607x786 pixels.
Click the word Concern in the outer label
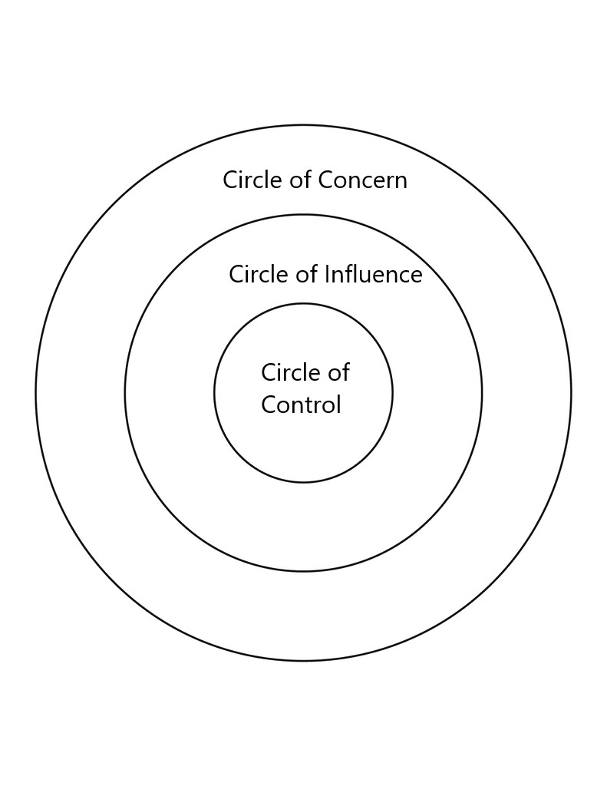tap(362, 180)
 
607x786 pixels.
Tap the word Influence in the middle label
tap(374, 275)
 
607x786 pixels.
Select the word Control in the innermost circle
tap(301, 405)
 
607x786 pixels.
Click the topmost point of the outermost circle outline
tap(303, 125)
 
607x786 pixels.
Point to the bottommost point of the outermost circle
tap(303, 660)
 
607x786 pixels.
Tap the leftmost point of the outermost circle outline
tap(36, 393)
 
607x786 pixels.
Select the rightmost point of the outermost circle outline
tap(571, 393)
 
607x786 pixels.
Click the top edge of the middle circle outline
tap(303, 215)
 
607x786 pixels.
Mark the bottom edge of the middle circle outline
tap(303, 571)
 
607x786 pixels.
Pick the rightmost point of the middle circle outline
tap(482, 393)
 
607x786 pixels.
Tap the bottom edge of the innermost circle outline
tap(303, 482)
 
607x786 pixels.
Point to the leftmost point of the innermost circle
tap(214, 393)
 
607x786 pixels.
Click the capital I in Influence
tap(328, 275)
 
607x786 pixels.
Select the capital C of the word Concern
tap(325, 180)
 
